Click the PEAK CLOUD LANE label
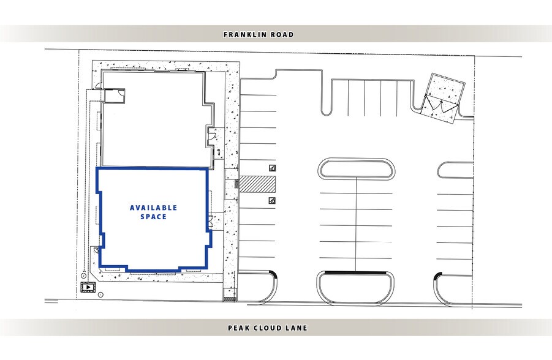pyautogui.click(x=267, y=328)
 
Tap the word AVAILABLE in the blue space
pyautogui.click(x=153, y=208)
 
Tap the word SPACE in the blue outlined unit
pyautogui.click(x=153, y=217)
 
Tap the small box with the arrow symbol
pyautogui.click(x=88, y=286)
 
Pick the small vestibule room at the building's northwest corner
pyautogui.click(x=114, y=94)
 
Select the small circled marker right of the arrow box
pyautogui.click(x=100, y=294)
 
